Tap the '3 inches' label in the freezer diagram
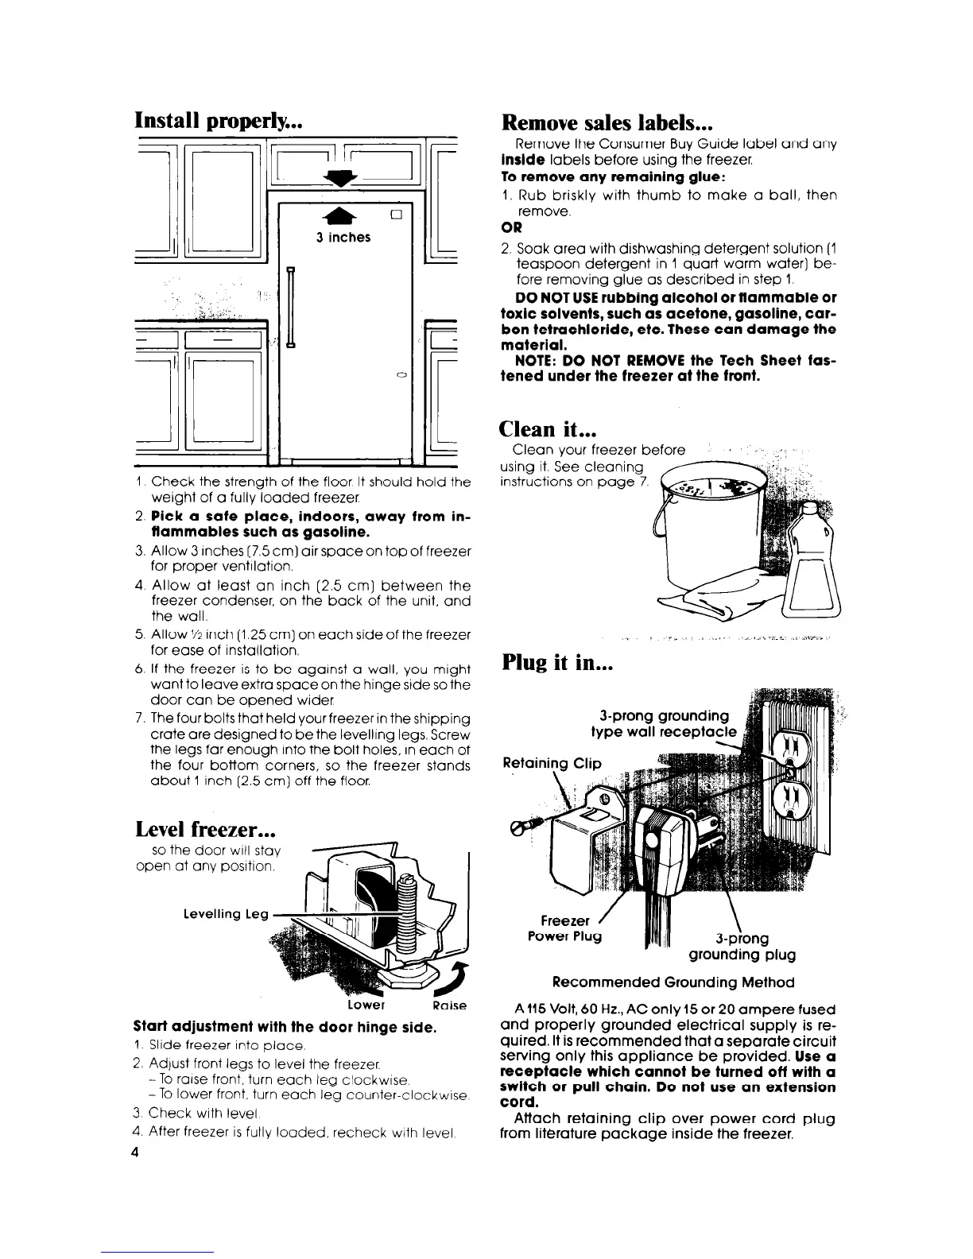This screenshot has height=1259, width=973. [343, 238]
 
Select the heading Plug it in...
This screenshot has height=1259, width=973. [556, 662]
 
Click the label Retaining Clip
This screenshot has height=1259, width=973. [552, 764]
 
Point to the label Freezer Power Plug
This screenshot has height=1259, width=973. [566, 928]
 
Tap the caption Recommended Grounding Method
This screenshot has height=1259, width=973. [673, 982]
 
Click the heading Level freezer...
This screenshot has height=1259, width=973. [206, 830]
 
